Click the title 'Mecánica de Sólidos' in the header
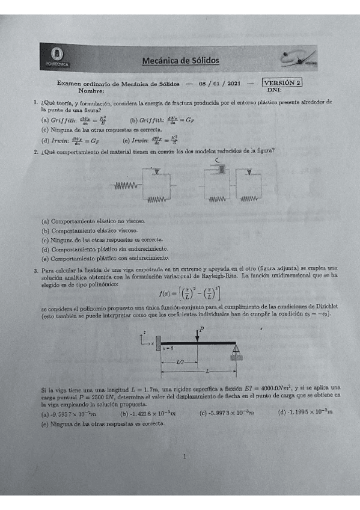tap(180, 60)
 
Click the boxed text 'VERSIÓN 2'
tap(282, 83)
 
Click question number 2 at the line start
tap(37, 151)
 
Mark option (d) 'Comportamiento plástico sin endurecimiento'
tap(105, 248)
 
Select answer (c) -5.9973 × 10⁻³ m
tap(227, 412)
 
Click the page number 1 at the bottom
tap(184, 456)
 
